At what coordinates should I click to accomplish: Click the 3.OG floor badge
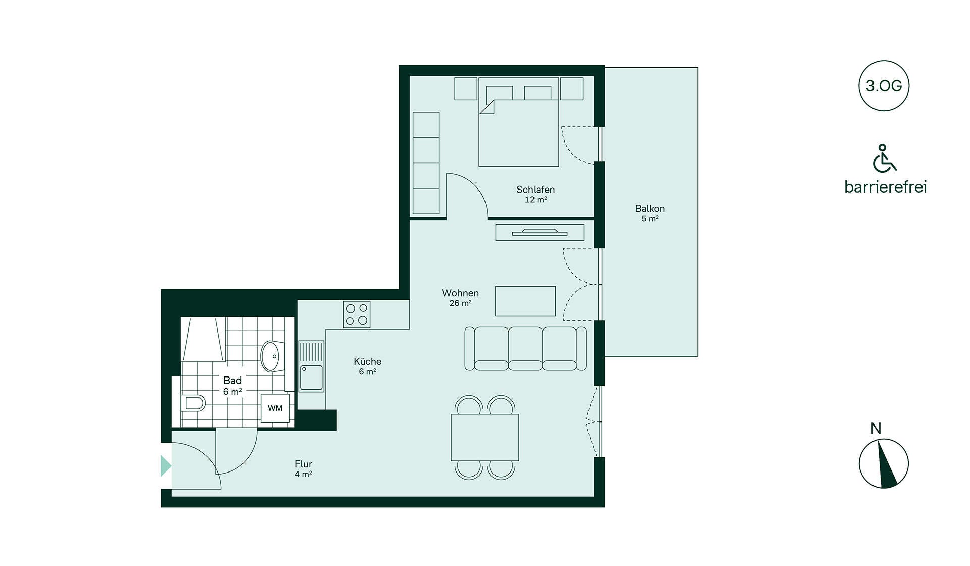tap(884, 85)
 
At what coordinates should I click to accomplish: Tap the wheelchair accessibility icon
tap(884, 158)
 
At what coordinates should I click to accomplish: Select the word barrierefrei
tap(885, 187)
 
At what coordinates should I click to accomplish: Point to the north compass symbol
tap(884, 463)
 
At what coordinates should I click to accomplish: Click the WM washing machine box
tap(275, 408)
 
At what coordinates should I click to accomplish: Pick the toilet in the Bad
tap(193, 403)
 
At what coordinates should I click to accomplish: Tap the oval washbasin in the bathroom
tap(270, 356)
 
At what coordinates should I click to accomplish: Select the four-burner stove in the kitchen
tap(357, 314)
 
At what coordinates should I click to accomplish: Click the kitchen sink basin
tap(312, 378)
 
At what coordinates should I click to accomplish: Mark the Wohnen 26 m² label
tap(460, 298)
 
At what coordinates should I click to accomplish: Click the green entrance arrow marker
tap(166, 466)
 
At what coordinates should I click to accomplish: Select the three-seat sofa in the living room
tap(525, 349)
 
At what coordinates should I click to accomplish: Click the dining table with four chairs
tap(485, 437)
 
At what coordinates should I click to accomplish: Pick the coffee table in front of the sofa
tap(525, 301)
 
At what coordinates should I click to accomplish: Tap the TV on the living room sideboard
tap(540, 232)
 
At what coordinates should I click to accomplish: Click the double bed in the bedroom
tap(519, 122)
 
